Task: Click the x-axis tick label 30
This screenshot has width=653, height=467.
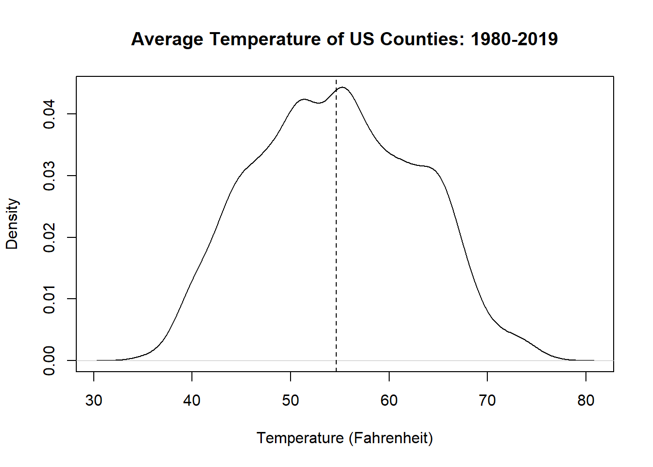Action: [x=94, y=400]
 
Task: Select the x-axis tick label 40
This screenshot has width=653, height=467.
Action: [x=192, y=400]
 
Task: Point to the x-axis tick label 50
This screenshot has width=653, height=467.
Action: [x=291, y=400]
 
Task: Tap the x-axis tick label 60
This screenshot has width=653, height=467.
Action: [x=389, y=400]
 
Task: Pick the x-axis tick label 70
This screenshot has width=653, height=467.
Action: [x=487, y=400]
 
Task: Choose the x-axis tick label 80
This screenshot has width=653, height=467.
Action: [x=586, y=400]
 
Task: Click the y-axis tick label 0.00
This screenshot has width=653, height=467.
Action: [x=49, y=360]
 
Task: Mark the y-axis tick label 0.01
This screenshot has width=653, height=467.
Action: [x=49, y=299]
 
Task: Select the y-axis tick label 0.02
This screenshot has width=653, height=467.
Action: [x=49, y=237]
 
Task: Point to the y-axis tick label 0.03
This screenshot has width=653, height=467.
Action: [x=49, y=176]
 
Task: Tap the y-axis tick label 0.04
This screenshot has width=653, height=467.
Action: [x=49, y=114]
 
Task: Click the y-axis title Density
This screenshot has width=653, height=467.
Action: [x=12, y=224]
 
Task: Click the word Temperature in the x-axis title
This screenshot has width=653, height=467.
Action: [x=300, y=438]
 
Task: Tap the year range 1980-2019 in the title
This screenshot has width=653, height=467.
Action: [x=514, y=39]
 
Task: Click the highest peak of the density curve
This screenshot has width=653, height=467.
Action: [x=343, y=88]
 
